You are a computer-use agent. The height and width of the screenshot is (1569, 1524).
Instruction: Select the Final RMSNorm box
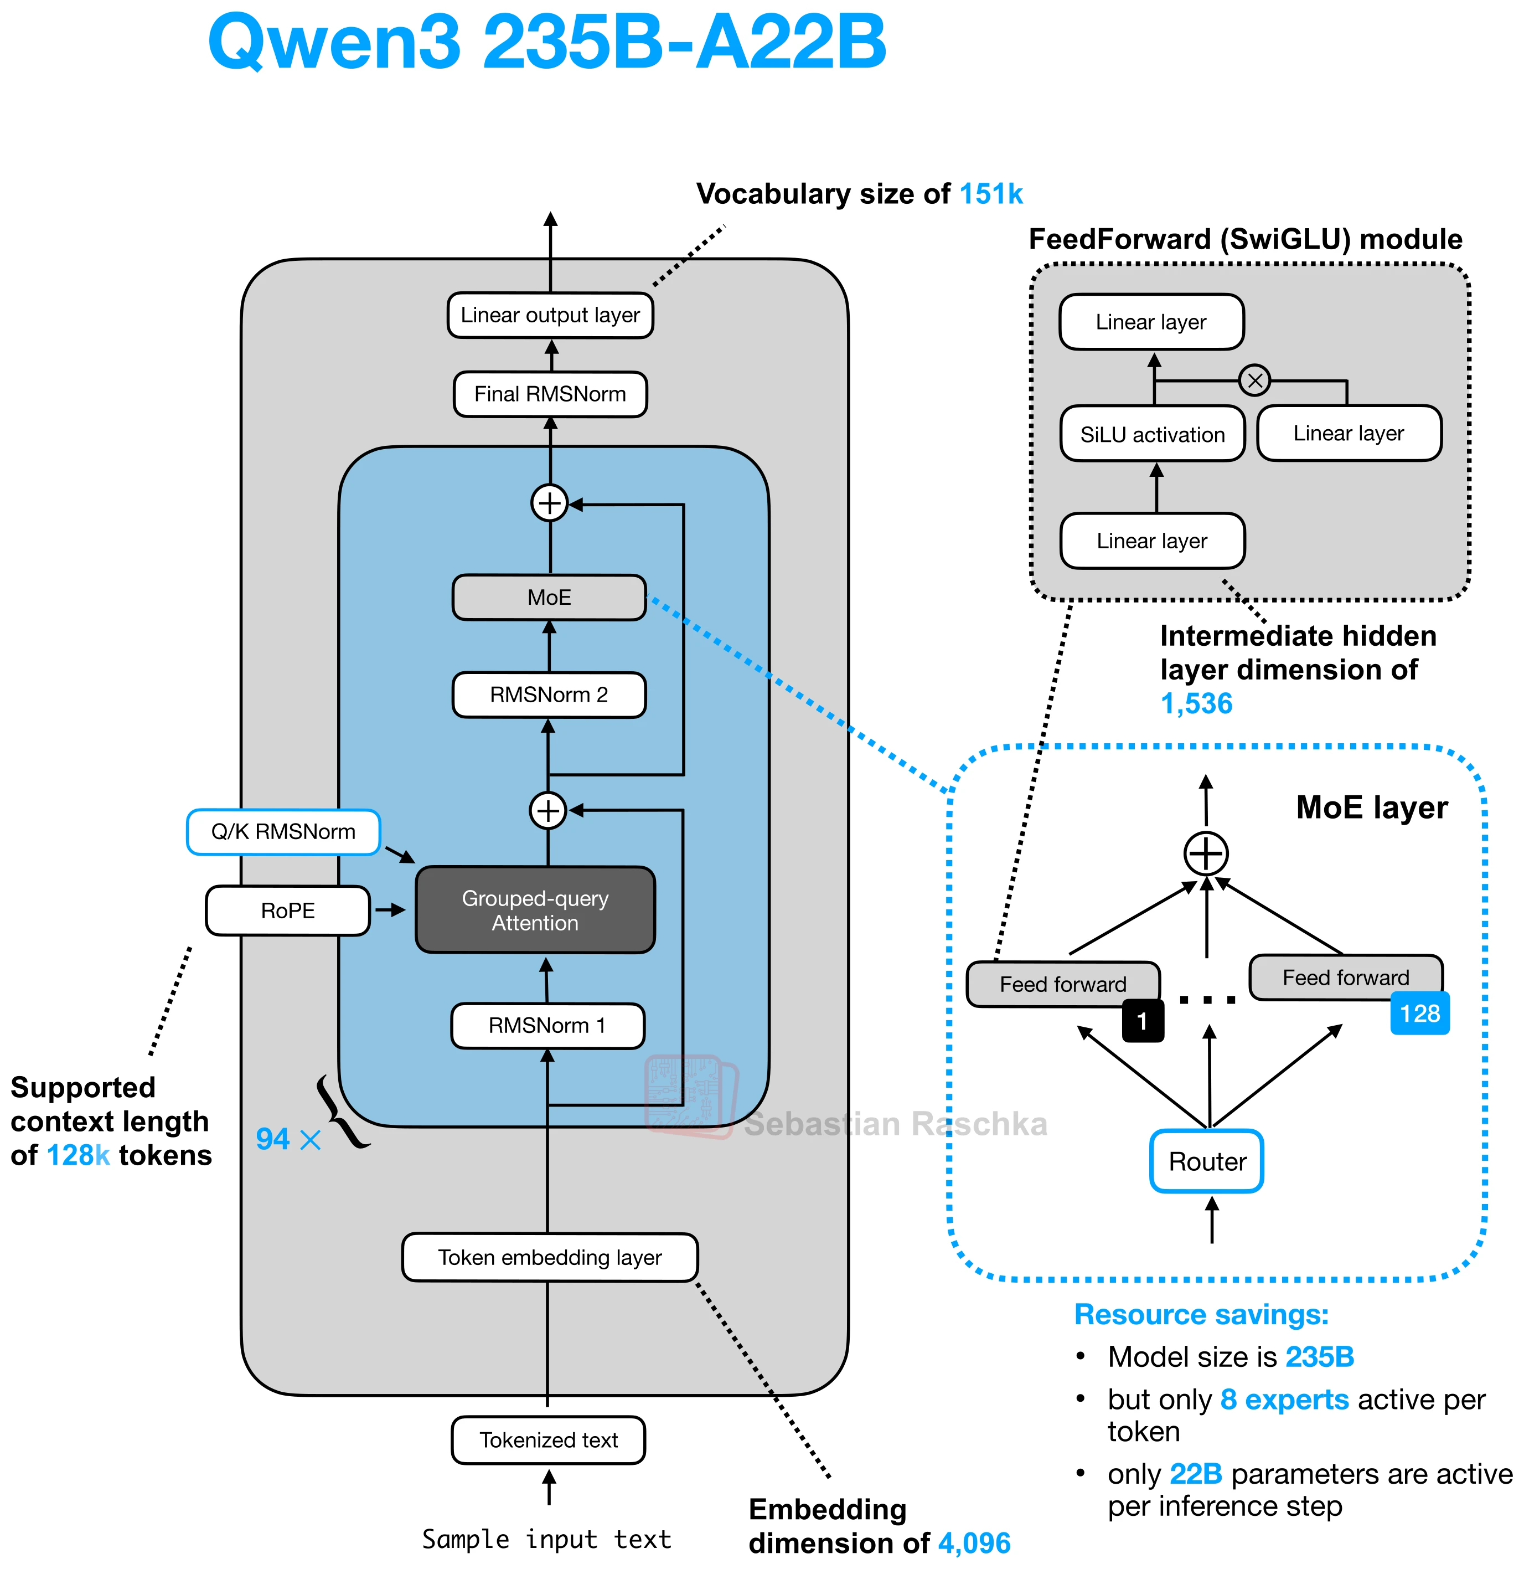tap(550, 394)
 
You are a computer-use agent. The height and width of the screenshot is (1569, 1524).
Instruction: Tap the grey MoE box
tap(549, 598)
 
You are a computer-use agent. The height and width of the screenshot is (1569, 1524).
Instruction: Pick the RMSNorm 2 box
tap(549, 695)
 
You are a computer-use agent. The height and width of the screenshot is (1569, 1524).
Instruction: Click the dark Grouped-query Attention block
tap(535, 910)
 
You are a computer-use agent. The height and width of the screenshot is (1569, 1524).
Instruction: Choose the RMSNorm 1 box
tap(547, 1025)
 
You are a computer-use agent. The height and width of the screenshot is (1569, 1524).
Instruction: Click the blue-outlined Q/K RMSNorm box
tap(283, 832)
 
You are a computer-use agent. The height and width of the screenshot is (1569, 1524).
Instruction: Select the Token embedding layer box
tap(550, 1257)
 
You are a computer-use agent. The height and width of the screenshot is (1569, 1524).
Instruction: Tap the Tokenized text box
tap(548, 1440)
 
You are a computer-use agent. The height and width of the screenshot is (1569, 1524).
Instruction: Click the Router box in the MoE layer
tap(1207, 1161)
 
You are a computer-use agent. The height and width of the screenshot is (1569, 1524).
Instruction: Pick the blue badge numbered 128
tap(1420, 1013)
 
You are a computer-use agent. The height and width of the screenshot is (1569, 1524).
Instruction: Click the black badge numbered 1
tap(1142, 1021)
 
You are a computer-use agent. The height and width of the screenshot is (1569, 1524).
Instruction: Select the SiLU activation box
tap(1153, 434)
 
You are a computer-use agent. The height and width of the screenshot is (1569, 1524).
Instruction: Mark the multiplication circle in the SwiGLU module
tap(1254, 380)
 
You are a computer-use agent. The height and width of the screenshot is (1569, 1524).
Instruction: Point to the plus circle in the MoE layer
tap(1206, 854)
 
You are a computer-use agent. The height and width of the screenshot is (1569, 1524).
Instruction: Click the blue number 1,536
tap(1197, 703)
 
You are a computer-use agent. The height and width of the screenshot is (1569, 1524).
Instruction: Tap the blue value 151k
tap(991, 194)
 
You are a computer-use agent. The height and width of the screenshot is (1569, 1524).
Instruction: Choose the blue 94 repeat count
tap(273, 1139)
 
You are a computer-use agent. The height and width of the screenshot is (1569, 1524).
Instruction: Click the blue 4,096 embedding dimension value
tap(974, 1542)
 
